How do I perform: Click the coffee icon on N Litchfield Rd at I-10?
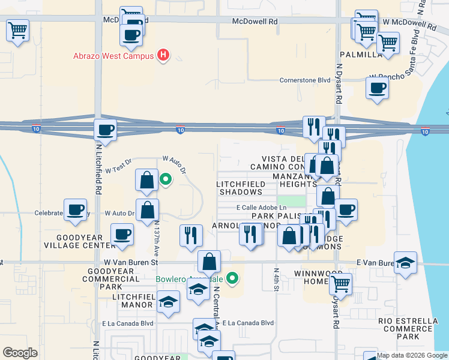pyautogui.click(x=106, y=130)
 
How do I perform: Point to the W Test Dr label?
pyautogui.click(x=118, y=170)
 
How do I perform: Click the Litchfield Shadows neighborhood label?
pyautogui.click(x=240, y=188)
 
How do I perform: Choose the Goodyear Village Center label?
pyautogui.click(x=87, y=241)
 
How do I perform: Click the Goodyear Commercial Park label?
pyautogui.click(x=94, y=279)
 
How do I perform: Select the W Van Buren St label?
pyautogui.click(x=131, y=262)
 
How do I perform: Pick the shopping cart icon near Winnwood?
pyautogui.click(x=340, y=283)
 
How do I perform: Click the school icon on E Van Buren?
pyautogui.click(x=406, y=263)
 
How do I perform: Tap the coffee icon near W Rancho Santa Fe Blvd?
pyautogui.click(x=378, y=88)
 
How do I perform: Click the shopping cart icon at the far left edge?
pyautogui.click(x=18, y=30)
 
